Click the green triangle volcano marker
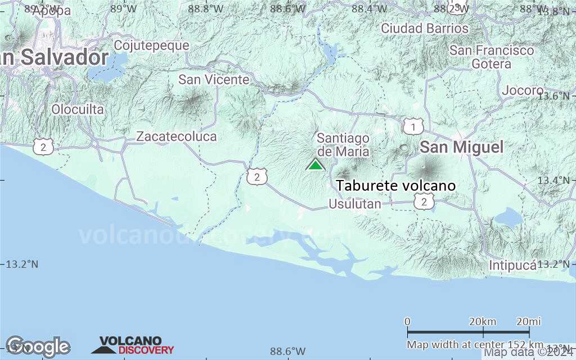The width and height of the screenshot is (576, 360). tap(316, 165)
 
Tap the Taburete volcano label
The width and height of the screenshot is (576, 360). tap(395, 186)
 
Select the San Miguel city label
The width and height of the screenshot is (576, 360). tap(462, 147)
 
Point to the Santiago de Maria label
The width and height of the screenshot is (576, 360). tap(343, 145)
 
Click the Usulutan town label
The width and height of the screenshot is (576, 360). tap(355, 204)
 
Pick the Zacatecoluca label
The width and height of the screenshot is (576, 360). tap(176, 136)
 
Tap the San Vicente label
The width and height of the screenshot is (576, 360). tap(214, 80)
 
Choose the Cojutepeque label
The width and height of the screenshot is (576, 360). tap(151, 45)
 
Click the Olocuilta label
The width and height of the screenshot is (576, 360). tap(78, 110)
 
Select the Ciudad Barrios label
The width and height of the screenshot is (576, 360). tap(425, 28)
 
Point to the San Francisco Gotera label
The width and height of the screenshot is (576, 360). tap(492, 57)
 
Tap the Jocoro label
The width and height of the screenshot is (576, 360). tap(523, 91)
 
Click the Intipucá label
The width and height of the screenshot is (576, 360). tap(512, 265)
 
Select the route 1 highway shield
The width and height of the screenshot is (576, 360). tap(413, 127)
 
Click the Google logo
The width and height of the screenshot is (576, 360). tap(38, 345)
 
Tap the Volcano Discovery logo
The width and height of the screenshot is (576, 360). tap(133, 345)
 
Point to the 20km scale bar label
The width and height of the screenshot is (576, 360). tap(483, 321)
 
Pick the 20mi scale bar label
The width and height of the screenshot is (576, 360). tap(528, 321)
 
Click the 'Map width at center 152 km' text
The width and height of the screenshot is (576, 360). tap(475, 344)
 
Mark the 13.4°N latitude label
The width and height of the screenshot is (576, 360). tap(553, 180)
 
